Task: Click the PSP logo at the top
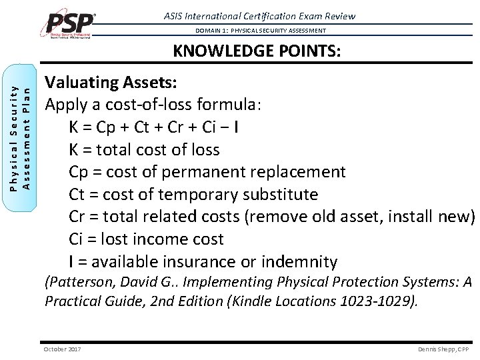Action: pyautogui.click(x=71, y=25)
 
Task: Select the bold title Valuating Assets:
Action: pyautogui.click(x=111, y=83)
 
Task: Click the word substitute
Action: pyautogui.click(x=282, y=195)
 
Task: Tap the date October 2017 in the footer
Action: pyautogui.click(x=62, y=349)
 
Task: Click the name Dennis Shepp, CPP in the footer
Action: pyautogui.click(x=443, y=349)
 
